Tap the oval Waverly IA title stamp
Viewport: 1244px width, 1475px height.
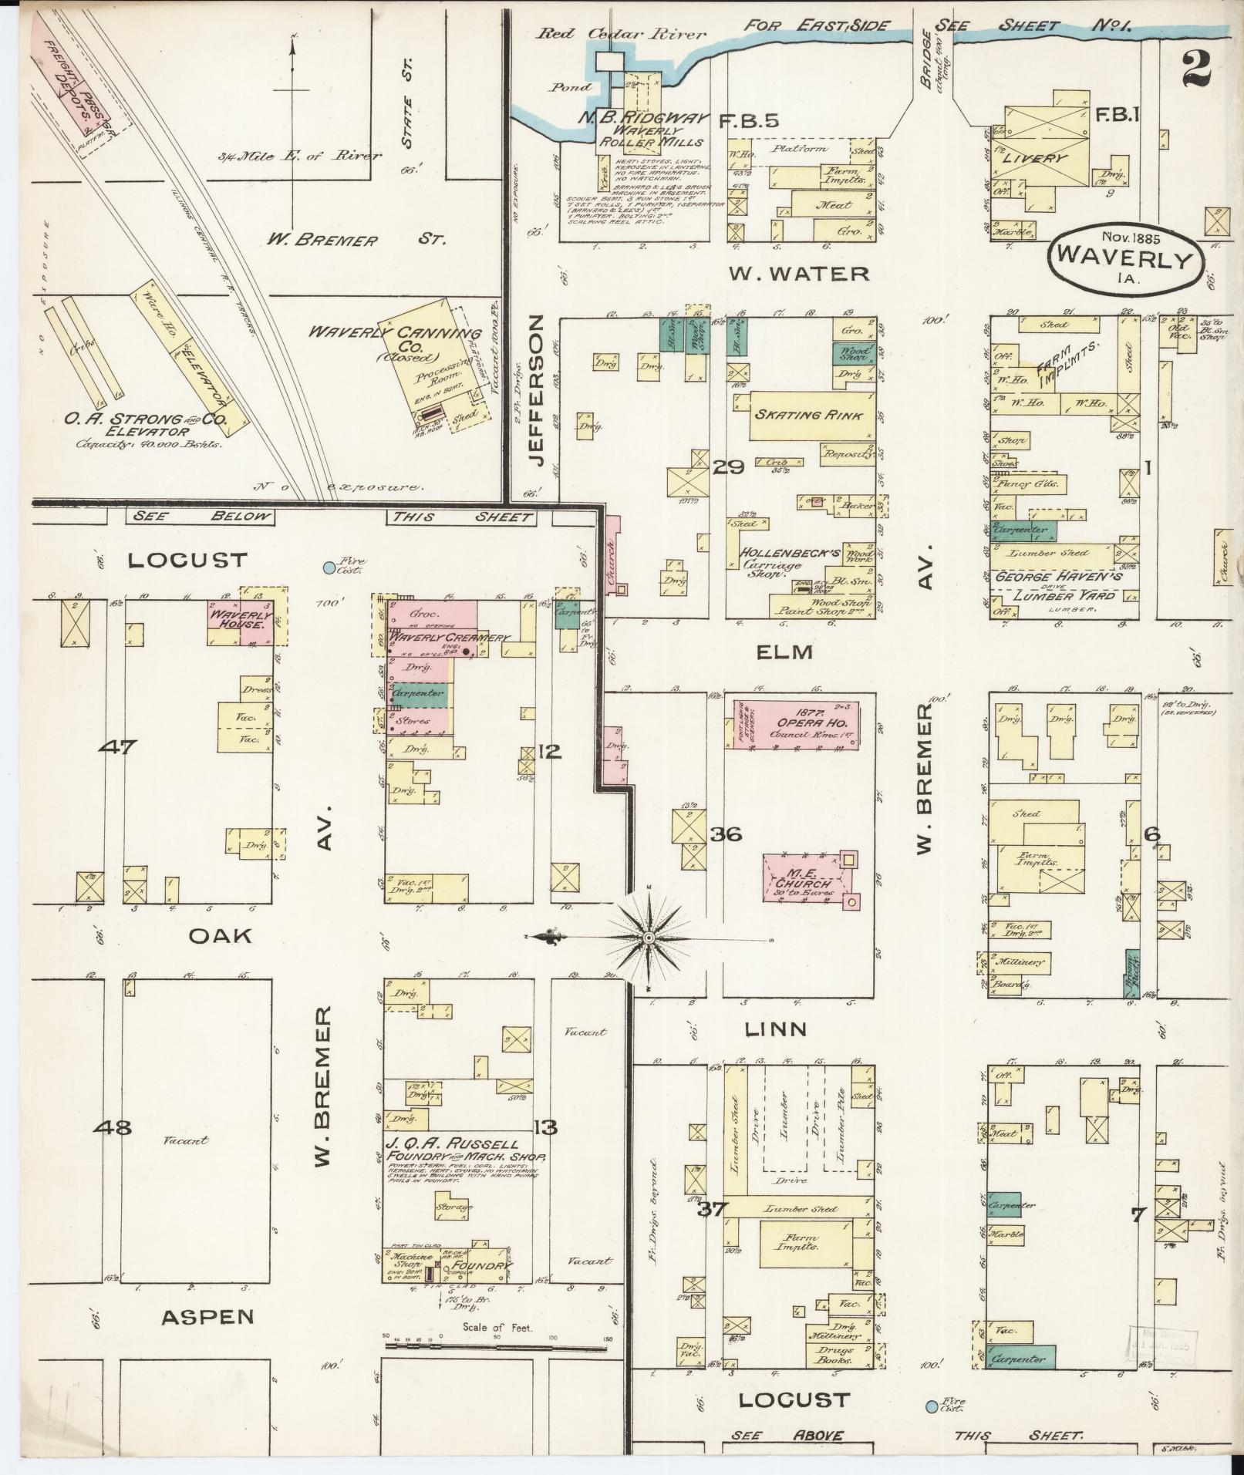click(1125, 258)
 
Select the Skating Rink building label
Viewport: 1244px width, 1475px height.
click(807, 415)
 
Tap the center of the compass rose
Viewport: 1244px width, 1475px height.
click(649, 937)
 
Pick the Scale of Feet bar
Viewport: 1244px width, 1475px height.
click(497, 1345)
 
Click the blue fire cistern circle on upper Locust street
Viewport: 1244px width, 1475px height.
click(329, 567)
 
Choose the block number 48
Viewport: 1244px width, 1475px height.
click(113, 1127)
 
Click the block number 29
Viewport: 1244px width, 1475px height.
click(727, 466)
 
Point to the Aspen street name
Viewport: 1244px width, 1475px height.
click(207, 1317)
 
